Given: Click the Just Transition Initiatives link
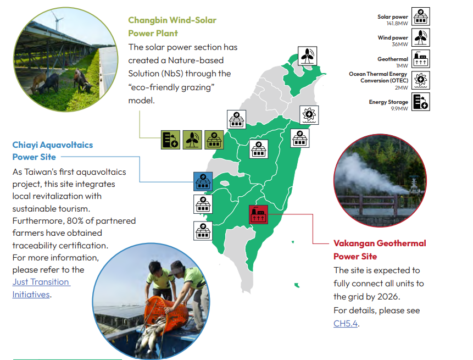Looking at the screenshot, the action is [x=41, y=288].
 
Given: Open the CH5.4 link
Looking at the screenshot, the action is [x=346, y=324].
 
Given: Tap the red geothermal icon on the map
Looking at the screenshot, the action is [x=258, y=214].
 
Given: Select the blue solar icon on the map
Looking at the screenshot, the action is [x=203, y=181].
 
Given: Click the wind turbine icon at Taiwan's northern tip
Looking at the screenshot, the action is [x=308, y=56].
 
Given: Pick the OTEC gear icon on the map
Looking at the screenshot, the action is [x=309, y=115].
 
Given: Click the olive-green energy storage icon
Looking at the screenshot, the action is [x=170, y=140].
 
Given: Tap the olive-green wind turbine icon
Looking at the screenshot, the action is [x=192, y=140].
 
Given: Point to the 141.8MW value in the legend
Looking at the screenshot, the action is [x=397, y=23].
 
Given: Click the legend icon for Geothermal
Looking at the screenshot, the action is [x=420, y=59].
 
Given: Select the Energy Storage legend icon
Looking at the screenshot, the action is [x=420, y=102].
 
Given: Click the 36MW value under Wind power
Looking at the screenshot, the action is [x=400, y=44].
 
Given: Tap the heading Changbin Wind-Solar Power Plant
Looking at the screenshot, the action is [x=172, y=26].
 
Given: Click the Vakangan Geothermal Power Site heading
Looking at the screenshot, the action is [x=380, y=250].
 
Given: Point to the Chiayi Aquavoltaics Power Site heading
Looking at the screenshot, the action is [x=53, y=151].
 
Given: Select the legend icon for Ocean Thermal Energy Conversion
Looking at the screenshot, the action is [x=420, y=80].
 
